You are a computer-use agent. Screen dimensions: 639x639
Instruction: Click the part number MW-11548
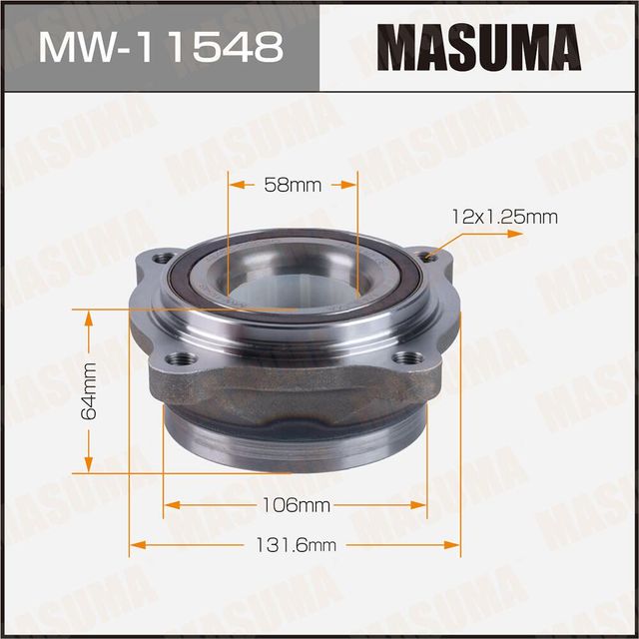[x=159, y=47]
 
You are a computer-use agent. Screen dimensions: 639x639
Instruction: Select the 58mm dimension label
[x=293, y=185]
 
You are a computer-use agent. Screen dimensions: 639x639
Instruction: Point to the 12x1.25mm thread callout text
[x=505, y=215]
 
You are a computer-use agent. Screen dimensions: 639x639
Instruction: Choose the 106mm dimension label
[x=297, y=506]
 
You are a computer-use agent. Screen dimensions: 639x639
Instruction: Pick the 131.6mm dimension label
[x=297, y=545]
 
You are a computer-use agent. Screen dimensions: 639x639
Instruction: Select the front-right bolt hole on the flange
[x=403, y=358]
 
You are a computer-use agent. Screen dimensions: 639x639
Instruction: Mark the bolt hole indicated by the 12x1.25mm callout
[x=430, y=259]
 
